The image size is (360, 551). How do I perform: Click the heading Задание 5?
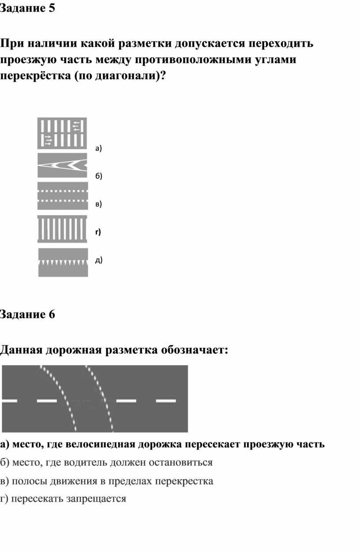27,9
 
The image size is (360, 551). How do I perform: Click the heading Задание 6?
27,315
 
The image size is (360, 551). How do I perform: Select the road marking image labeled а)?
62,133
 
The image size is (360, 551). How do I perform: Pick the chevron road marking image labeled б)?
62,165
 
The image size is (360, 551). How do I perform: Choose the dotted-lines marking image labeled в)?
62,196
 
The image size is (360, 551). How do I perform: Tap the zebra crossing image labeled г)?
62,229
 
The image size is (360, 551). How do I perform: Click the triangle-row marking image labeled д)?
63,262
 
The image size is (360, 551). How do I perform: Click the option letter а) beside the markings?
98,149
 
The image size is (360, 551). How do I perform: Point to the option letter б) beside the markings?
99,176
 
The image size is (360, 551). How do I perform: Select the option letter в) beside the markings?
98,204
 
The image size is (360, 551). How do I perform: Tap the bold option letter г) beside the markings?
98,232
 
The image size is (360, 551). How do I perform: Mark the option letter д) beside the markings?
99,260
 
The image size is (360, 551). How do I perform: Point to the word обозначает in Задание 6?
192,350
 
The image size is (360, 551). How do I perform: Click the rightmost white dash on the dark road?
166,401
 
